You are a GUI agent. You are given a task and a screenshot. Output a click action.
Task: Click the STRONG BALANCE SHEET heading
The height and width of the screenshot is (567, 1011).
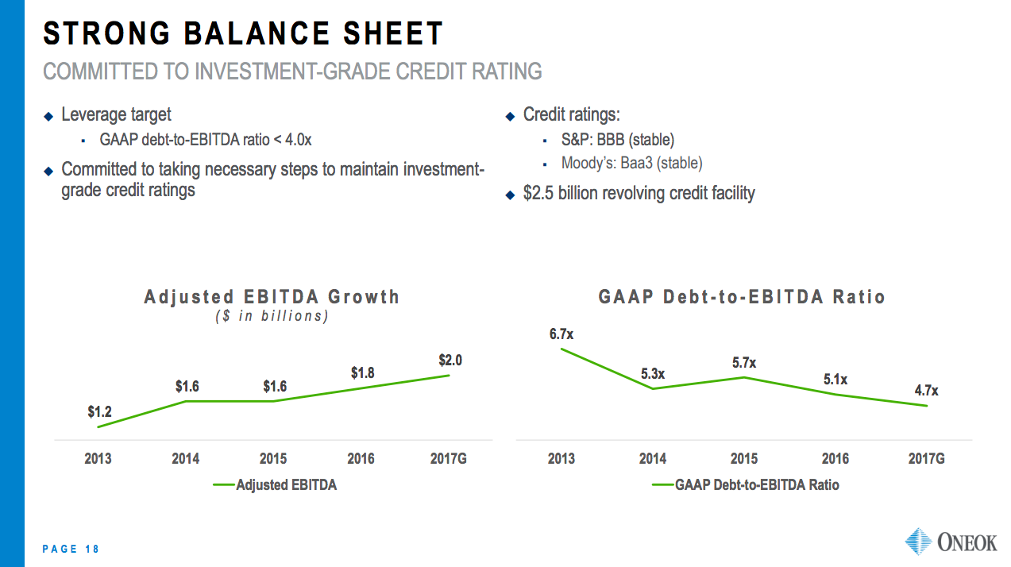tap(243, 34)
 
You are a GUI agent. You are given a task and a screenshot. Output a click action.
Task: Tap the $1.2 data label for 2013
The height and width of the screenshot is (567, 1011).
tap(99, 412)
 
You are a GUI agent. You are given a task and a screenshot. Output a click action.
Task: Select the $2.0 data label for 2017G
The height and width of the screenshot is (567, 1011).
tap(450, 361)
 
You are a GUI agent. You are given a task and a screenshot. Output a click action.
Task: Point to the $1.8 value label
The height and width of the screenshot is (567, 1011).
tap(362, 373)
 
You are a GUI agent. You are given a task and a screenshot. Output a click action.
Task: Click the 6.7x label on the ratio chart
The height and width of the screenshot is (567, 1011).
tap(561, 334)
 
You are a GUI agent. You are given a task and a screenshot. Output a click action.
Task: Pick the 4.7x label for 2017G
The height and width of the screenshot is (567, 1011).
tap(925, 391)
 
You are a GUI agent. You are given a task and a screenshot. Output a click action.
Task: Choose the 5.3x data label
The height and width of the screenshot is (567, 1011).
tap(653, 373)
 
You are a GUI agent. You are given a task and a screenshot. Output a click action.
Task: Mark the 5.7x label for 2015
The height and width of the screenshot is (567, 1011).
tap(744, 363)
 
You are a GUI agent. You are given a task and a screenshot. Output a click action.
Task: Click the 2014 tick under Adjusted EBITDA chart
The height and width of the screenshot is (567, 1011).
tap(186, 459)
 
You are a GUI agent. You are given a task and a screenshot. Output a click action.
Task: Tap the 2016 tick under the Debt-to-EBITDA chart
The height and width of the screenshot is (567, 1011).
tap(835, 459)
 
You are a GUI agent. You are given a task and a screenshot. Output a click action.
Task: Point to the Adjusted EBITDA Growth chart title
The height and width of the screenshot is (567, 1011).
tap(272, 297)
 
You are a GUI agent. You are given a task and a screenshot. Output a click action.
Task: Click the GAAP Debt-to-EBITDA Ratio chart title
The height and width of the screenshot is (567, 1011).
tap(742, 297)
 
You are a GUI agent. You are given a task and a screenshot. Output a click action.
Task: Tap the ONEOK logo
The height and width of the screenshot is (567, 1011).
tap(951, 542)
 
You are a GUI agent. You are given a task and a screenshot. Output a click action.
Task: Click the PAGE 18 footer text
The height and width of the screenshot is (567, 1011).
tap(71, 549)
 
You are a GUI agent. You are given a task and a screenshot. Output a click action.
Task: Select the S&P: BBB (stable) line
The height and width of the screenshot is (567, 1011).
tap(617, 140)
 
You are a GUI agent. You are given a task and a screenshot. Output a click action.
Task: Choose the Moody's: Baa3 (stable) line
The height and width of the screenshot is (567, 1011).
tap(631, 164)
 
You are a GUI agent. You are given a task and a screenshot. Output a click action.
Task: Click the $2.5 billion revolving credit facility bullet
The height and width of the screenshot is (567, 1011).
tap(639, 193)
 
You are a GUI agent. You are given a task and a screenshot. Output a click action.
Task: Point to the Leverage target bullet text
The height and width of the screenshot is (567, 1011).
tap(116, 115)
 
